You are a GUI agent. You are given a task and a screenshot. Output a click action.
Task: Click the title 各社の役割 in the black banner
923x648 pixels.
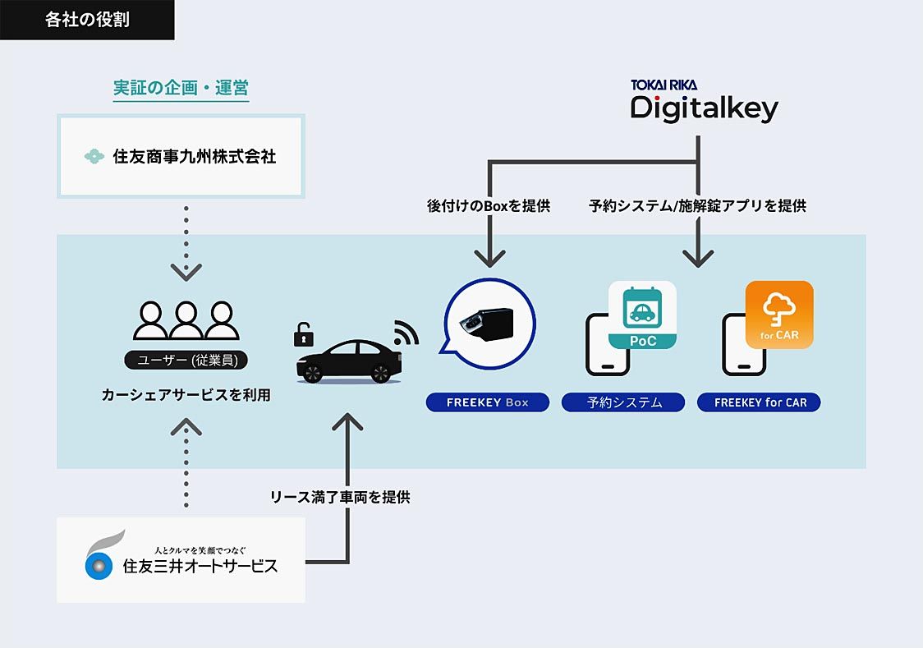[87, 21]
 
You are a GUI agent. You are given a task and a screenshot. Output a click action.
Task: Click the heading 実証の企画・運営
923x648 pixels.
[181, 88]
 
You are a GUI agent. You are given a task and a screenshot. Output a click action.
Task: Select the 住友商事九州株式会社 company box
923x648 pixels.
[181, 156]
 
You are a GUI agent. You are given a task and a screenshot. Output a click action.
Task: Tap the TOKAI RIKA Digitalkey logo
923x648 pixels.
[704, 103]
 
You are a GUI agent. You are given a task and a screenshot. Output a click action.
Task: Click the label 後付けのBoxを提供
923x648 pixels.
[488, 206]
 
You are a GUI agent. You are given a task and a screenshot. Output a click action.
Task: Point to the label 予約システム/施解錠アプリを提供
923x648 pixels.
[697, 206]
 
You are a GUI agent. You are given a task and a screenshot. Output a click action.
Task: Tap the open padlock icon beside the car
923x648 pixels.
[304, 333]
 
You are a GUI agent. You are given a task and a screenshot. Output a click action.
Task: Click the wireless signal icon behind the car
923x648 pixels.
[406, 331]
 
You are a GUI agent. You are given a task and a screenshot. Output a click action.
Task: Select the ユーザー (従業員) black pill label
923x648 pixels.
[186, 360]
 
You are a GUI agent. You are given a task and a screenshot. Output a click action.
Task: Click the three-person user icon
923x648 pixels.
[186, 320]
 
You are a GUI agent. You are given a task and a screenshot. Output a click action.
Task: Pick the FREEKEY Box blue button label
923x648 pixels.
[487, 402]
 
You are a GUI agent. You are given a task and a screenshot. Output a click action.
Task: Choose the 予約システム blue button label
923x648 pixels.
[623, 402]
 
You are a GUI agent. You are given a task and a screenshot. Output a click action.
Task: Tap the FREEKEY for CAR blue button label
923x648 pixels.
[759, 402]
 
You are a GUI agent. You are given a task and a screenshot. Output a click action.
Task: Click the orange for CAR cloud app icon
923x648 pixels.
[778, 315]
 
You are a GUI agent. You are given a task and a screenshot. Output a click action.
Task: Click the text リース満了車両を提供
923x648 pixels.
[340, 497]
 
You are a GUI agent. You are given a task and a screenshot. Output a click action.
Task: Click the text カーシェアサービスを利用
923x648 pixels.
[186, 395]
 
